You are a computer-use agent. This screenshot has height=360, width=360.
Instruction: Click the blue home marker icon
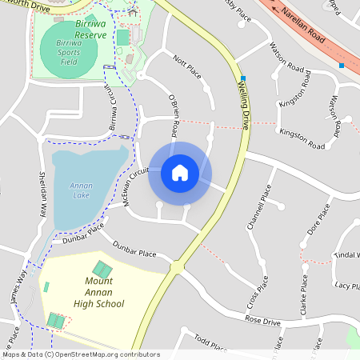click(x=180, y=173)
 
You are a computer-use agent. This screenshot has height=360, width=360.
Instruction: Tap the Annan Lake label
click(x=82, y=190)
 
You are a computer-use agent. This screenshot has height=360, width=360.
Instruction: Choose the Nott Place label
click(x=186, y=67)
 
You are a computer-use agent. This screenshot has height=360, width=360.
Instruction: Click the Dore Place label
click(x=318, y=220)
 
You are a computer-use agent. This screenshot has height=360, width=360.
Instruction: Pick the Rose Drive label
click(x=263, y=322)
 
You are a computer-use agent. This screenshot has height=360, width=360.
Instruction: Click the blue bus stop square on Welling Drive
click(x=242, y=78)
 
